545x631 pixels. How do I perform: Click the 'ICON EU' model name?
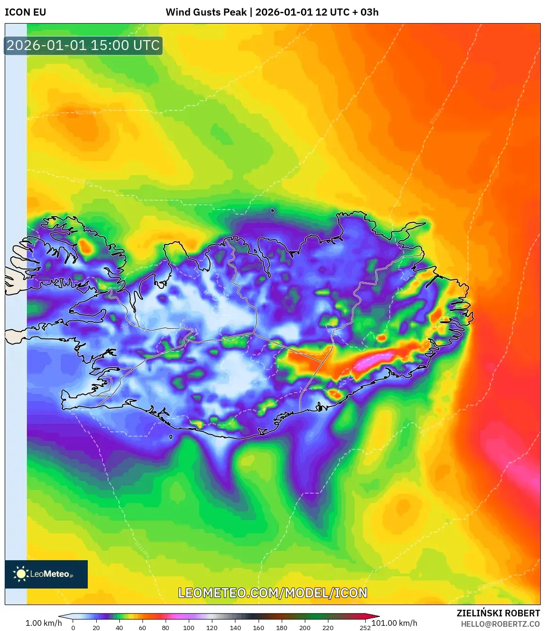coord(25,12)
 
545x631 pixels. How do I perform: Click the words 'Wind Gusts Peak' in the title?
coord(206,12)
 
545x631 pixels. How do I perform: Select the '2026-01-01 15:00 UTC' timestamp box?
coord(83,46)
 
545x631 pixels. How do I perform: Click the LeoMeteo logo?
coord(46,574)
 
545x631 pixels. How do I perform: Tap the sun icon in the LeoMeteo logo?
coord(21,574)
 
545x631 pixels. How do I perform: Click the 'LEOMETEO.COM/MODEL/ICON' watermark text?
coord(272,593)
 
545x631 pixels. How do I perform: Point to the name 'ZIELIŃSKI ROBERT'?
coord(498,613)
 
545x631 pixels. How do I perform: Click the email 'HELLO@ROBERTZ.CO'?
coord(500,624)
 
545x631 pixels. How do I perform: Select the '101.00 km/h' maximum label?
coord(394,623)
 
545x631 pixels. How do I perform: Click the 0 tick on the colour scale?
coord(73,628)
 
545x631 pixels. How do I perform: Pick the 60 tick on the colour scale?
coord(143,628)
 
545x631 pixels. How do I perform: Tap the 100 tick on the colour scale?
coord(189,628)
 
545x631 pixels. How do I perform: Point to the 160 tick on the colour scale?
coord(258,628)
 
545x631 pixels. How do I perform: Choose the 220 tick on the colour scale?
coord(327,628)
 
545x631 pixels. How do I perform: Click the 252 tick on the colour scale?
coord(365,628)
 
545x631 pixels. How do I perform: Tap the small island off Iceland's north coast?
coord(273,211)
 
